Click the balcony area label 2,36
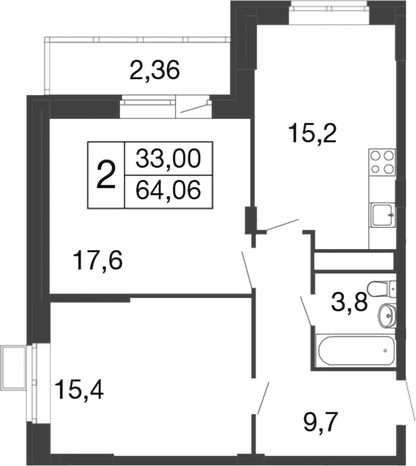click(x=155, y=71)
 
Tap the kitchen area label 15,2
click(x=314, y=133)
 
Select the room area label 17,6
click(x=99, y=260)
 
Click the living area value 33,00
click(x=168, y=158)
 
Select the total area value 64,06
click(x=168, y=190)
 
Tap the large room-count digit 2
click(x=106, y=176)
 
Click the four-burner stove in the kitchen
click(x=382, y=161)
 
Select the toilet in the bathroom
click(x=382, y=289)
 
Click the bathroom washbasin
click(x=387, y=315)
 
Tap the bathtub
click(x=355, y=351)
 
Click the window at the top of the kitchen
click(x=330, y=12)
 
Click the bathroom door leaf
click(x=306, y=311)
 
